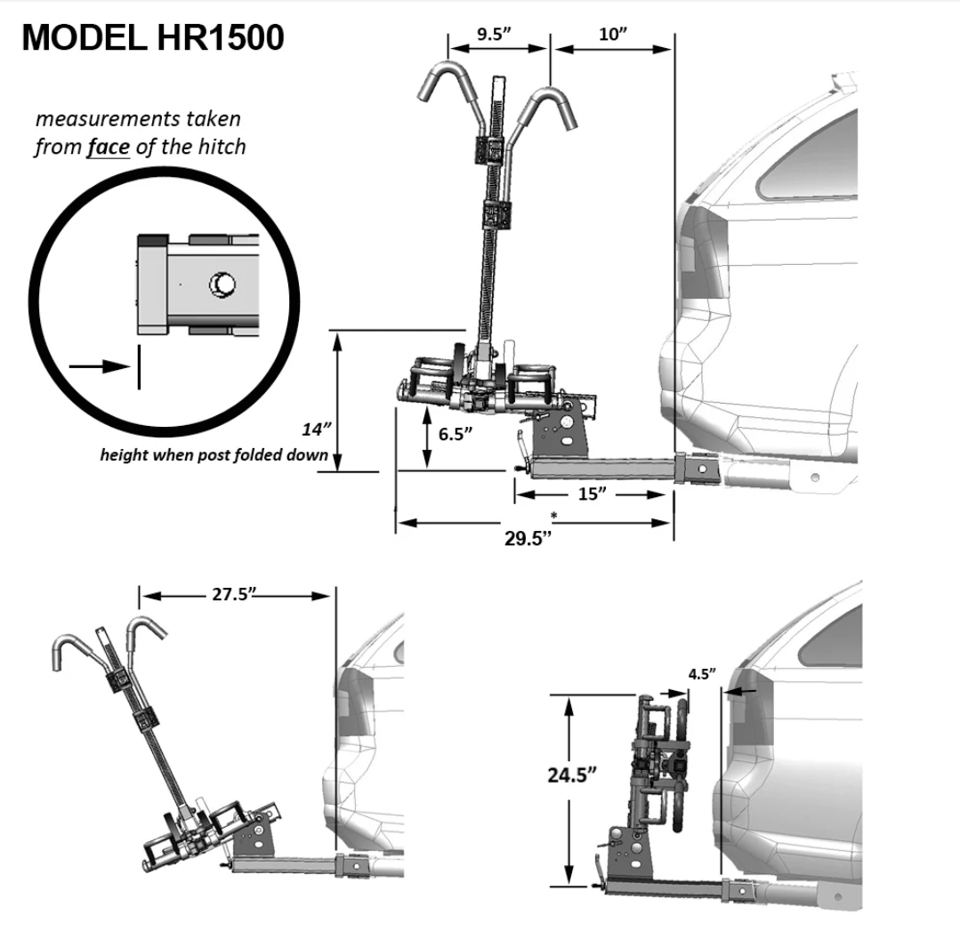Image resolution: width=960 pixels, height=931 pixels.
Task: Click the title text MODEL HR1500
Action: coord(152,38)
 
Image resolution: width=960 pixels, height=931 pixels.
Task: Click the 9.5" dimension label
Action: coord(495,35)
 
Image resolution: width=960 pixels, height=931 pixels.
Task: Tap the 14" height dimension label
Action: coord(316,429)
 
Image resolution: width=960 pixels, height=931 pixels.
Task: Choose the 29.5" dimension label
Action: coord(530,539)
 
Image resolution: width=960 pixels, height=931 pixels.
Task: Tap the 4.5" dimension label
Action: coord(701,673)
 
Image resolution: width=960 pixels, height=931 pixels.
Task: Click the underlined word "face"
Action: coord(108,147)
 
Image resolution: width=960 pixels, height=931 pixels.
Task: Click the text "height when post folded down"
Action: coord(214,455)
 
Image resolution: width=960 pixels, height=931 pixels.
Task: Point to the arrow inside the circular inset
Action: coord(98,366)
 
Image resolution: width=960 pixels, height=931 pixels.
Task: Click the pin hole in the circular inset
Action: coord(221,285)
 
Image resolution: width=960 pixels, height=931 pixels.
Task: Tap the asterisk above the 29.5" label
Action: coord(553,516)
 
